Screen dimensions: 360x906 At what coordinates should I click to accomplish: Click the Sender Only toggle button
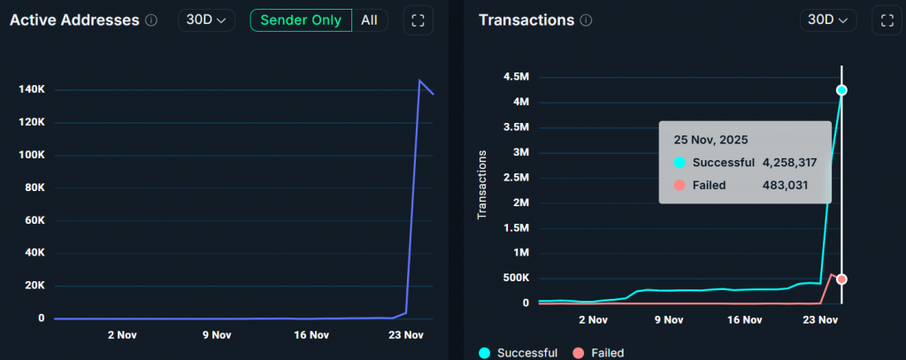point(301,20)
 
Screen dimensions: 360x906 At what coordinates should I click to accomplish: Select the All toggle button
point(370,20)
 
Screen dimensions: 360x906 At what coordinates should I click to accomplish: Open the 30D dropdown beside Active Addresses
point(206,20)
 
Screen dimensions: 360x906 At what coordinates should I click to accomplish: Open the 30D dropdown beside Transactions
point(828,20)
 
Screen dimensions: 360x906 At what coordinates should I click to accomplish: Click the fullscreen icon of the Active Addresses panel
point(418,20)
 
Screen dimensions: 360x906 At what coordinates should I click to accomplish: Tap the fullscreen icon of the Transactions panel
point(886,20)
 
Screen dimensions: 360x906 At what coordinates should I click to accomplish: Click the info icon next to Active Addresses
point(151,20)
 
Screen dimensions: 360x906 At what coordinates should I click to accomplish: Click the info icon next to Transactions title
point(586,20)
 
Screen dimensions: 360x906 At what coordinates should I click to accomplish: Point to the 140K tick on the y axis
point(31,90)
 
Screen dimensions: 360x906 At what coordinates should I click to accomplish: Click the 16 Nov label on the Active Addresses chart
point(311,335)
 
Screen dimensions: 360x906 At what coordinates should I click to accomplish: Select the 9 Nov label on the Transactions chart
point(669,320)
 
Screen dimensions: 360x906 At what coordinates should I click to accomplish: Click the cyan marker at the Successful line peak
point(841,90)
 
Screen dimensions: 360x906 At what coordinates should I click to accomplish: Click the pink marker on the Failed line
point(841,280)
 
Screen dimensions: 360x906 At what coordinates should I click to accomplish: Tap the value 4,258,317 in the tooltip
point(789,163)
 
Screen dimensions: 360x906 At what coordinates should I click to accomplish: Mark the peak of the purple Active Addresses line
point(419,80)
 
